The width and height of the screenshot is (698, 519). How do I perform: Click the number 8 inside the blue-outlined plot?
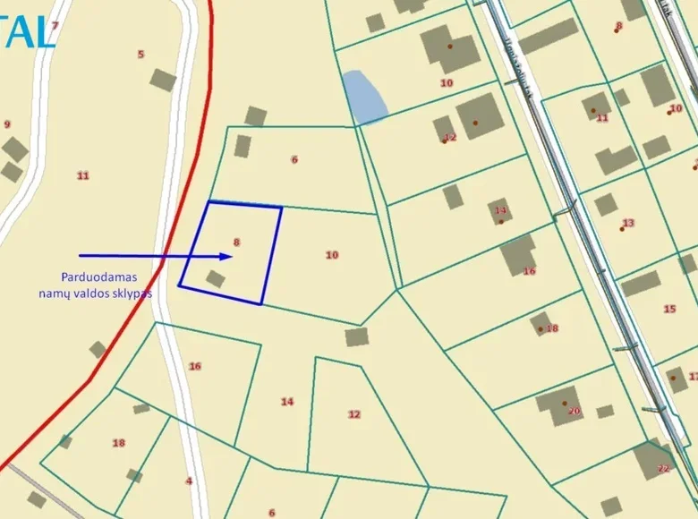click(x=236, y=242)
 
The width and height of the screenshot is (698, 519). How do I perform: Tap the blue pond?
click(x=363, y=97)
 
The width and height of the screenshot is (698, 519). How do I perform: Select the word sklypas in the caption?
click(x=132, y=293)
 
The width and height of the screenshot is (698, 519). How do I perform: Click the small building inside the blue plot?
click(x=215, y=279)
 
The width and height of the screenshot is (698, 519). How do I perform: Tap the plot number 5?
click(x=140, y=55)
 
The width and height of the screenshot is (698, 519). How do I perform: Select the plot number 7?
click(x=55, y=26)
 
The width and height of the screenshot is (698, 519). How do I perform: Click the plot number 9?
click(x=7, y=124)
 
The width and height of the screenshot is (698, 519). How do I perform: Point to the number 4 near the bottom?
click(x=189, y=481)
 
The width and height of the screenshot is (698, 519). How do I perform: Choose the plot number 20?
click(x=574, y=412)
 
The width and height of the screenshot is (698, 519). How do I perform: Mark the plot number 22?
click(x=663, y=469)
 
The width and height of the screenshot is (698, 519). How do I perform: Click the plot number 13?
click(x=628, y=223)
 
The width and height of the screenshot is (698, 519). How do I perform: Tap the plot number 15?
click(x=669, y=309)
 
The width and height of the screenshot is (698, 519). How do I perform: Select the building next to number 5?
click(x=163, y=80)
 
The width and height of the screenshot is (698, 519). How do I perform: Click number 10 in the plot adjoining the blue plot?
click(x=332, y=255)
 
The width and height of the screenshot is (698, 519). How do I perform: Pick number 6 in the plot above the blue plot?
click(x=294, y=159)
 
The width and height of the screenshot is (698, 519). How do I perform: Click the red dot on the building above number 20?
click(x=565, y=403)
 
